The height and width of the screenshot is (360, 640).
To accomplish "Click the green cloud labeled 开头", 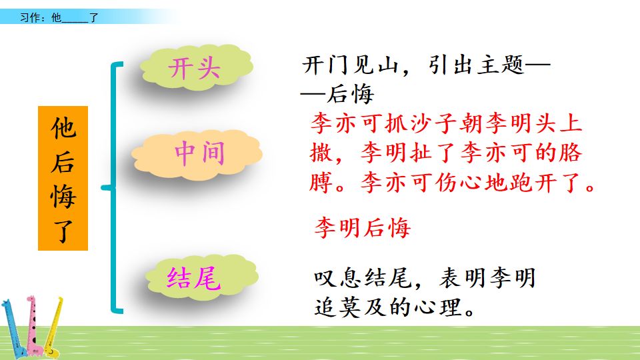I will point(195,69).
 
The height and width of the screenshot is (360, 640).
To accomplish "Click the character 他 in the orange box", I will point(63,128).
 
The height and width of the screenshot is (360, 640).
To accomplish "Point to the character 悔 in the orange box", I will point(63,197).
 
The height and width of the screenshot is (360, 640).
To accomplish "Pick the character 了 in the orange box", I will point(63,231).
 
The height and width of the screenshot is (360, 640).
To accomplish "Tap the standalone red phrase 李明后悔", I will point(362,228).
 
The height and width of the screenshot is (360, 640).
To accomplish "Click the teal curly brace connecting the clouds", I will point(115,187).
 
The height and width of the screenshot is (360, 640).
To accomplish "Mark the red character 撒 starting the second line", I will point(322,153).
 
